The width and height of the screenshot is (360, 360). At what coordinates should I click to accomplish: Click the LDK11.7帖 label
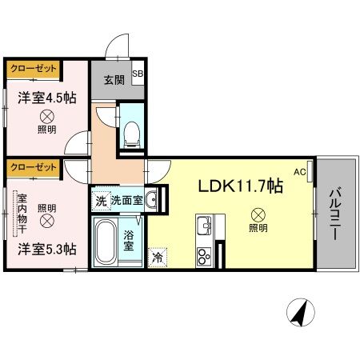(240, 186)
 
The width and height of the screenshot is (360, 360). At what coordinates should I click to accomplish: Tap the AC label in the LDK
(300, 171)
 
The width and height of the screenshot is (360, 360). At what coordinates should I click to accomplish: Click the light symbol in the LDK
(258, 214)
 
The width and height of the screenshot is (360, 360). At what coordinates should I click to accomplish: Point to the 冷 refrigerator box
(158, 258)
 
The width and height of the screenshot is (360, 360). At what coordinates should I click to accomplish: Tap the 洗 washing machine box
(100, 199)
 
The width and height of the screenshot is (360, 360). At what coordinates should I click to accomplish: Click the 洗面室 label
(126, 199)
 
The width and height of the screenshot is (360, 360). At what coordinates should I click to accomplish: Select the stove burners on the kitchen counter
(203, 257)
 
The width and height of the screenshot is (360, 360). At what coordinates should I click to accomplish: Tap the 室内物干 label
(22, 214)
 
